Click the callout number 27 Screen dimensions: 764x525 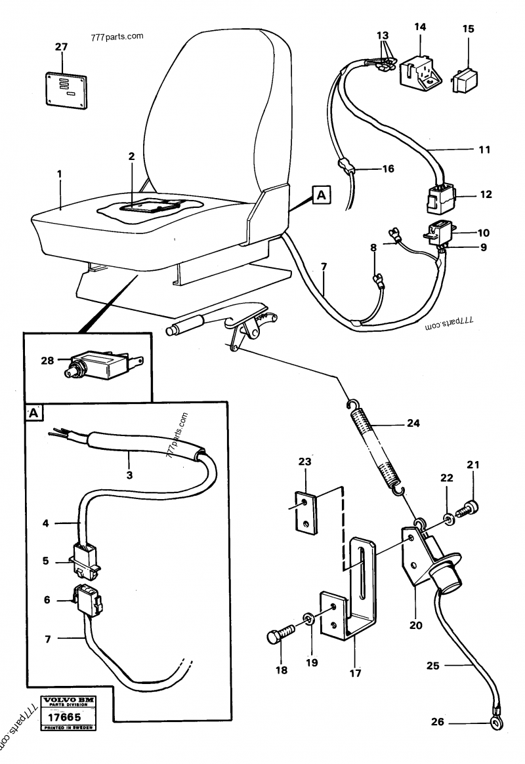tap(60, 47)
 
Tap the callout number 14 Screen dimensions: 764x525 tap(420, 27)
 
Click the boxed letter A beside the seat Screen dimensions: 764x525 tap(320, 194)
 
